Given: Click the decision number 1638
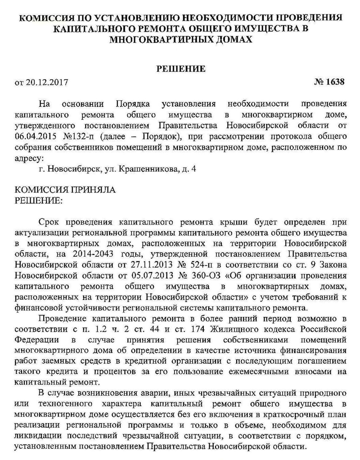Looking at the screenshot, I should point(335,82).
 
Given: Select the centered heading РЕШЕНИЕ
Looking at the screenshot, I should point(180,69).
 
